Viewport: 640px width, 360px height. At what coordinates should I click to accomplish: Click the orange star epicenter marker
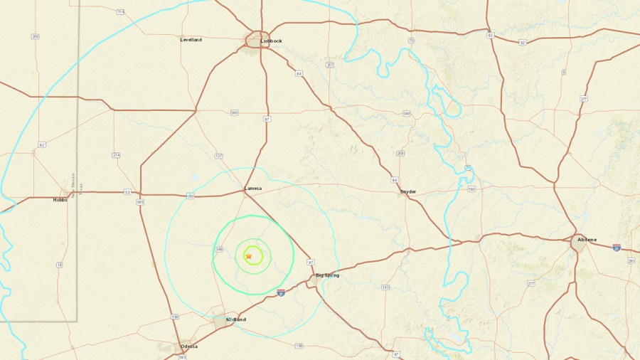click(249, 256)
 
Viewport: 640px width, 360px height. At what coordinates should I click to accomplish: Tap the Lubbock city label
click(271, 41)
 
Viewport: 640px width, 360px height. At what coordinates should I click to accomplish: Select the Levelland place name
click(191, 40)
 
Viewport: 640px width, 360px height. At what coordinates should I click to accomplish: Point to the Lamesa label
click(253, 189)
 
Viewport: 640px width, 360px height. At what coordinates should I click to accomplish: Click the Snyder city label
click(408, 191)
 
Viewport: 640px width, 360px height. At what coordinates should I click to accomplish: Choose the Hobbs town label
click(60, 200)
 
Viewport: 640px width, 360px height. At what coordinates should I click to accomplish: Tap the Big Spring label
click(328, 275)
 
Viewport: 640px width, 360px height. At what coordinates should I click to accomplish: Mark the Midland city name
click(235, 320)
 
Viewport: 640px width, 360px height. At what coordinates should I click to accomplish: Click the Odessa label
click(188, 346)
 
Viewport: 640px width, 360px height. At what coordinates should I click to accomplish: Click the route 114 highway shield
click(119, 12)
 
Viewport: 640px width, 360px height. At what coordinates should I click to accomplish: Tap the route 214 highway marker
click(116, 155)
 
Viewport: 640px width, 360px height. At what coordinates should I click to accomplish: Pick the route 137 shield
click(218, 156)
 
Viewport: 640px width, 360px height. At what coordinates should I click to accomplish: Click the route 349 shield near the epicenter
click(220, 249)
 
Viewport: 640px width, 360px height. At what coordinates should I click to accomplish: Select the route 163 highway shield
click(385, 288)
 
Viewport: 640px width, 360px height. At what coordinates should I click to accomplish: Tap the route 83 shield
click(490, 35)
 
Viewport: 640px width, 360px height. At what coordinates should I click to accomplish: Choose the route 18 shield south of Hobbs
click(59, 265)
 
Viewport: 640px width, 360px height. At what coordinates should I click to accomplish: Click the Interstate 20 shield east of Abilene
click(616, 248)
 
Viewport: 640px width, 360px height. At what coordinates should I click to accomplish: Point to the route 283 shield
click(630, 261)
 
